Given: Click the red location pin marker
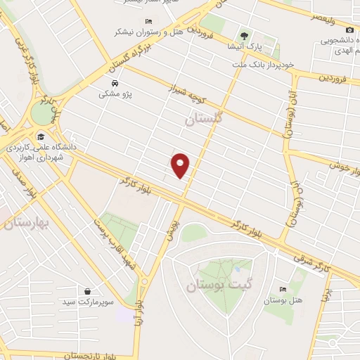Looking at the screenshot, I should coord(181,165).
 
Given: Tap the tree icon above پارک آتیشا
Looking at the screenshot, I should coord(245,35).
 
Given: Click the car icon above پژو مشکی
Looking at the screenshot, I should coord(105,82).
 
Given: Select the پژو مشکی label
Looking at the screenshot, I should coord(105,94).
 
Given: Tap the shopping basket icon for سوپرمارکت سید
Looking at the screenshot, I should coord(87,291).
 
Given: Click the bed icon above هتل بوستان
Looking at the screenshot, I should coord(283,290).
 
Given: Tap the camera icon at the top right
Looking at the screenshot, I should coord(330,30).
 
